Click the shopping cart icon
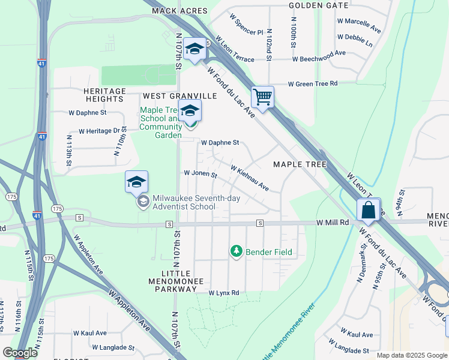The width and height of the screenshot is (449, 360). pos(263,96)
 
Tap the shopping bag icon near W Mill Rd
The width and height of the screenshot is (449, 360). pos(367,210)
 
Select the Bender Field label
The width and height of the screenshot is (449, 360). pos(269,252)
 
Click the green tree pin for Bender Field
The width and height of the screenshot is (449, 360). pos(237,251)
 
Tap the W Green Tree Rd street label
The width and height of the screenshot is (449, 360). pos(313,84)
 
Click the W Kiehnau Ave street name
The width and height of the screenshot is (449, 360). pos(250,178)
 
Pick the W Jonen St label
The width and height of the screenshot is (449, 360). pos(200,173)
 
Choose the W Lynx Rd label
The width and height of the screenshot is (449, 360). pos(224,293)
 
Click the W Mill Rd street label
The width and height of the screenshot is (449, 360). pos(333,223)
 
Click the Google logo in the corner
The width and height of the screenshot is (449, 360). pos(20,353)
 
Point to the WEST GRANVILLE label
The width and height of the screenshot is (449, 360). pos(179,96)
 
